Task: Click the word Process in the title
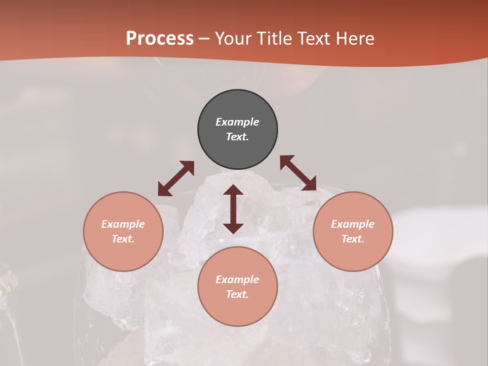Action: (160, 39)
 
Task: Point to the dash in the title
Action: (204, 39)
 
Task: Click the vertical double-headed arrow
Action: (233, 209)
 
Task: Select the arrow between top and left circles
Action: (176, 178)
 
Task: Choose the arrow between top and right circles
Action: (298, 173)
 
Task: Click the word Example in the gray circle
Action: (237, 122)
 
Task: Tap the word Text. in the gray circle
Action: (237, 137)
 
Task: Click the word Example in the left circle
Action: (123, 224)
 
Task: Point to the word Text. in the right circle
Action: (353, 239)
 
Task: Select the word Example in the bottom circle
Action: (237, 280)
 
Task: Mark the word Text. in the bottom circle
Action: (237, 294)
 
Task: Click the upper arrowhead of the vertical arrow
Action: (233, 191)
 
